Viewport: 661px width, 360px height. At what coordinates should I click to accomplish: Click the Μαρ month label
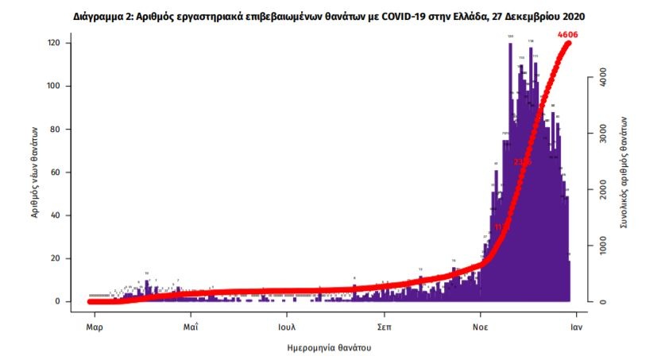[93, 326]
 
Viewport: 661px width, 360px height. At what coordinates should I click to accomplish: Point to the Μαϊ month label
[190, 326]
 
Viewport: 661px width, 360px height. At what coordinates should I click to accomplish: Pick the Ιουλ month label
[288, 326]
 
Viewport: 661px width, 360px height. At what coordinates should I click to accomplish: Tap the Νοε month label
[481, 326]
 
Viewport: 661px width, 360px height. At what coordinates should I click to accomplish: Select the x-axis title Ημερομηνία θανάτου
[329, 347]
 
